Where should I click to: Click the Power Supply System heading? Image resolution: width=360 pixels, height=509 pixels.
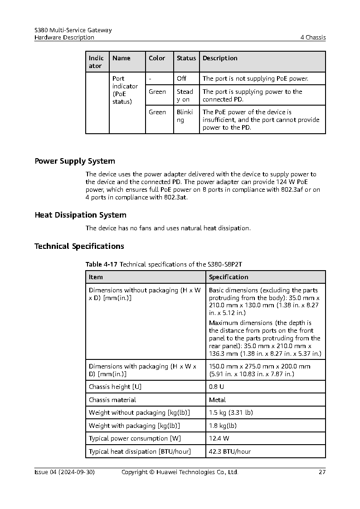tap(75, 161)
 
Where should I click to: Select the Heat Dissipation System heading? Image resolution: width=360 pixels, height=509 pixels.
tap(80, 215)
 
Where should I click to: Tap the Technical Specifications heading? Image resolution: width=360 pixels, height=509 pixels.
tap(79, 246)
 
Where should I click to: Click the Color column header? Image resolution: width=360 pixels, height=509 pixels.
tap(157, 58)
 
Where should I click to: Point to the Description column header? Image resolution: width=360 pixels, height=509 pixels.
tap(220, 58)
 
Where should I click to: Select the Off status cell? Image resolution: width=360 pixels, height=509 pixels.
tap(181, 78)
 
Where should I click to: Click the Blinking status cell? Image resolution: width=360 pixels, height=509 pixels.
tap(185, 116)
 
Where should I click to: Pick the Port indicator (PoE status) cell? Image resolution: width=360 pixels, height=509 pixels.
tap(125, 90)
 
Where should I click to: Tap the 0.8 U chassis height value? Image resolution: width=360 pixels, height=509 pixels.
tap(217, 387)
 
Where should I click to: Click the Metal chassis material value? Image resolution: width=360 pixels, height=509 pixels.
tap(217, 400)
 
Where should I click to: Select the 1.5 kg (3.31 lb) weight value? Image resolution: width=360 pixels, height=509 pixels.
tap(231, 412)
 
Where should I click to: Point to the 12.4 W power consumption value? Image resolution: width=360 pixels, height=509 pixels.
tap(219, 438)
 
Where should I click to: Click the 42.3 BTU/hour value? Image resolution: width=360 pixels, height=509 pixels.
tap(230, 451)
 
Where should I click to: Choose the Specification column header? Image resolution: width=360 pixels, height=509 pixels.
tap(229, 277)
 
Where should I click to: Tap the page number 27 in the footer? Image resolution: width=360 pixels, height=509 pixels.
tap(322, 472)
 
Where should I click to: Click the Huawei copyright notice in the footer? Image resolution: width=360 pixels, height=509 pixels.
tap(180, 472)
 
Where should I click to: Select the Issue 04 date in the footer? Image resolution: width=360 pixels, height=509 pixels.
tap(64, 472)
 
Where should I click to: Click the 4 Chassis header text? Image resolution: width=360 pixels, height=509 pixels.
tap(313, 37)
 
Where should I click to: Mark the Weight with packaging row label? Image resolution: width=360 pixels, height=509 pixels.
tap(134, 426)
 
